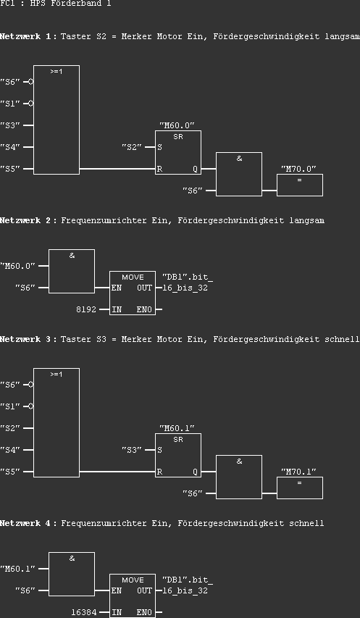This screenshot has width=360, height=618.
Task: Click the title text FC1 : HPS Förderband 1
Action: tap(56, 4)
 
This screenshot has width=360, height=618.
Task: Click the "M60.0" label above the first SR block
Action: tap(177, 125)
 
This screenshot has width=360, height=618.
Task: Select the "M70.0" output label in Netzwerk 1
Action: tap(299, 169)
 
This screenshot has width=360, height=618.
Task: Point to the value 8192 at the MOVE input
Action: tap(87, 309)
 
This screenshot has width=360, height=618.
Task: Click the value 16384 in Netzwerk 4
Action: tap(84, 612)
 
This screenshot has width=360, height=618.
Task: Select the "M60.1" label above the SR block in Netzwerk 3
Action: tap(177, 428)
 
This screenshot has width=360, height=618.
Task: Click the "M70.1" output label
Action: tap(299, 472)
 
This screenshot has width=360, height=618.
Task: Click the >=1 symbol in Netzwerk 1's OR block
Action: tap(56, 72)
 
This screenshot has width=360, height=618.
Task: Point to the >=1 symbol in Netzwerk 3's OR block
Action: tap(56, 375)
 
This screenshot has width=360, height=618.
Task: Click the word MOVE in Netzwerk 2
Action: tap(133, 277)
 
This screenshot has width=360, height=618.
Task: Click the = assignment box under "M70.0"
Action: tap(300, 184)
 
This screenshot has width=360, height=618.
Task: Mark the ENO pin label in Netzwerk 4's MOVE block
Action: tap(144, 612)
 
